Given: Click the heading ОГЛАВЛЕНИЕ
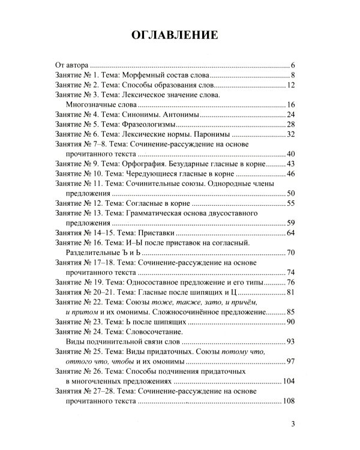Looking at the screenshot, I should [179, 35].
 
